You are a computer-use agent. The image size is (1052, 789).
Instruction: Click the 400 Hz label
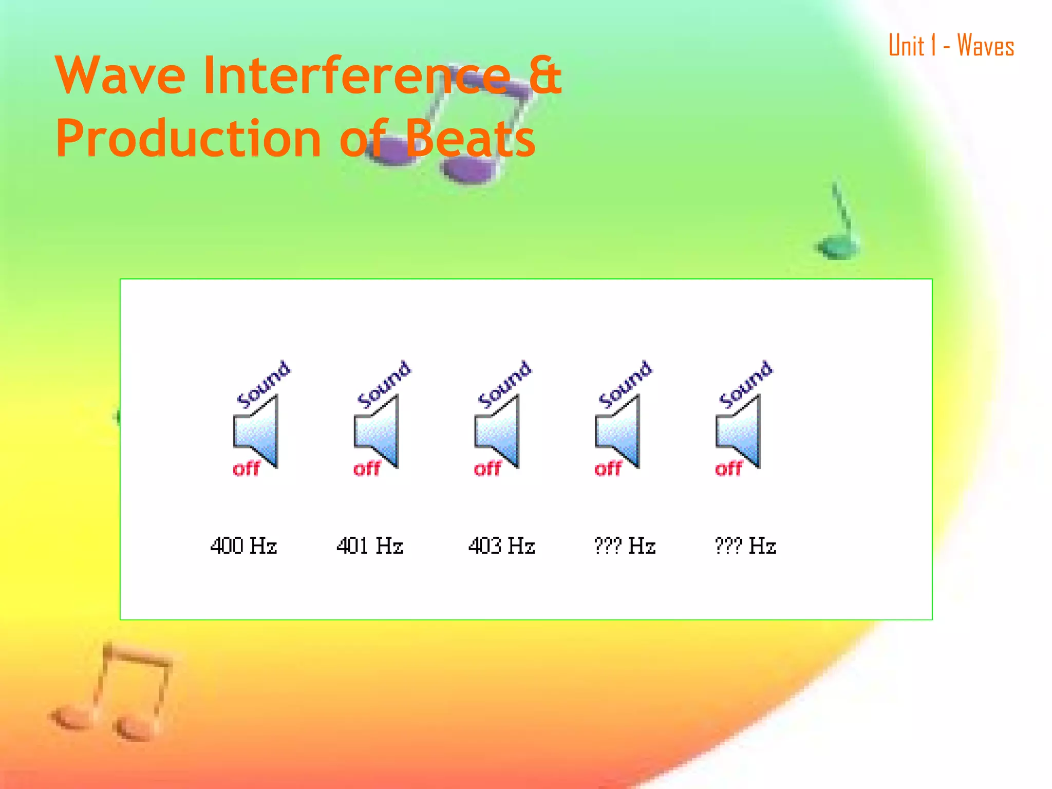243,546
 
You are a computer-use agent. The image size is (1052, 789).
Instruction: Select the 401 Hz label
370,546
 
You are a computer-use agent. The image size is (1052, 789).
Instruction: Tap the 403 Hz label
501,546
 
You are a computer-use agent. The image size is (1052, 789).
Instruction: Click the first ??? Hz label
625,546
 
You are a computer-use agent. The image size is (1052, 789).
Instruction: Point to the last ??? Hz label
745,546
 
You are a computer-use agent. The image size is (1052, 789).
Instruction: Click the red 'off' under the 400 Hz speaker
247,468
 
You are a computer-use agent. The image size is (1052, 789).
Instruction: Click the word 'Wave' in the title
120,76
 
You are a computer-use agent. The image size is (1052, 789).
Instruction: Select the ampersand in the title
546,76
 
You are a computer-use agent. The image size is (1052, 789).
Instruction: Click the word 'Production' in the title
188,139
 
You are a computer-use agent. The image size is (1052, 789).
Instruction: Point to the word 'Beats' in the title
471,139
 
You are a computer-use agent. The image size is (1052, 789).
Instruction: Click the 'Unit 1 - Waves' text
951,46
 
